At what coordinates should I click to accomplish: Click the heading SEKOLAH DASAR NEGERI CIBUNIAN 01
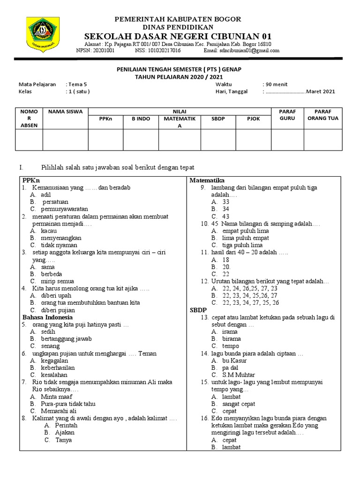[x=178, y=37]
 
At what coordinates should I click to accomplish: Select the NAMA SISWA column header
[x=65, y=112]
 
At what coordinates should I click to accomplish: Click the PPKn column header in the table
[x=105, y=119]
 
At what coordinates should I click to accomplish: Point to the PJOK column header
[x=254, y=119]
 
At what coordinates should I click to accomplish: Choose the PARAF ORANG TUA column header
[x=322, y=115]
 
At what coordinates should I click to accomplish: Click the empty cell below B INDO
[x=141, y=140]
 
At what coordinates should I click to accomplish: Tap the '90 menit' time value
[x=277, y=84]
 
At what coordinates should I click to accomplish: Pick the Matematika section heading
[x=207, y=180]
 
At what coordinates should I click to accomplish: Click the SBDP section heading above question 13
[x=198, y=310]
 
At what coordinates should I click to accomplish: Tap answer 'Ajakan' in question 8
[x=65, y=433]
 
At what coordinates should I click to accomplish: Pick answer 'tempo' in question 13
[x=231, y=346]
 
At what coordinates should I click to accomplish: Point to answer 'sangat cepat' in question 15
[x=240, y=404]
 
